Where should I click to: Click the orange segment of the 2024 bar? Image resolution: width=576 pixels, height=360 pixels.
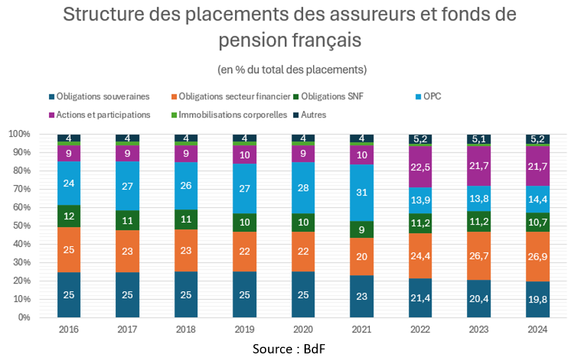536,256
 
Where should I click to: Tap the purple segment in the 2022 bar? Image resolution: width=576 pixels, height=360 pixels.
420,166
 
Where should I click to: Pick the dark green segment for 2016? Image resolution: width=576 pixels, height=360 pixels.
69,216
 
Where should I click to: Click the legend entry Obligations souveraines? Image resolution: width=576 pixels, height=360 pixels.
103,96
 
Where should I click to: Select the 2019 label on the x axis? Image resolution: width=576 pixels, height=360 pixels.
244,328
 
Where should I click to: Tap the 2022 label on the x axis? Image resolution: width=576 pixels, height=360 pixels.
420,328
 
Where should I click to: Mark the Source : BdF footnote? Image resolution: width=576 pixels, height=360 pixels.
289,347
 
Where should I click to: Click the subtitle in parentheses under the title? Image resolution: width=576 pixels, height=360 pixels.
291,69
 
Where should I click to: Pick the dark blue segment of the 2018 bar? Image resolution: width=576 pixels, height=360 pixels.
186,294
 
